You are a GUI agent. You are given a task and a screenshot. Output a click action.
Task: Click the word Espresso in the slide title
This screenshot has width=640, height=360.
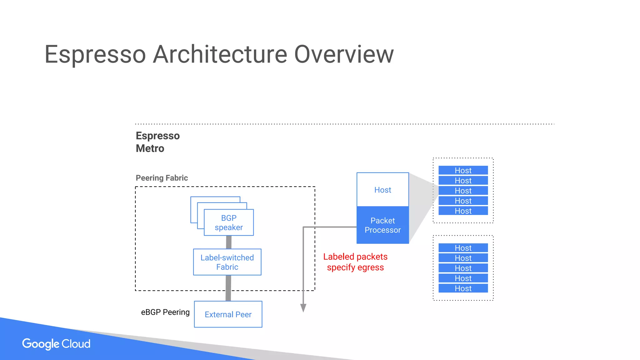point(95,55)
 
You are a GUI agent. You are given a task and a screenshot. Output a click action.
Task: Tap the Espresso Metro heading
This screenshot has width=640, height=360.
point(157,142)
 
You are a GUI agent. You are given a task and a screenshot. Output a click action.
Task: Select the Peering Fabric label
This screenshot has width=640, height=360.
point(162,178)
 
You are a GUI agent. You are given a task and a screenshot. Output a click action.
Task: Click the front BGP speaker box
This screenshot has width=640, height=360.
point(229,222)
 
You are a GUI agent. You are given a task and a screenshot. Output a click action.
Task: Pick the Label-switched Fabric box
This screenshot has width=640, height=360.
point(227,262)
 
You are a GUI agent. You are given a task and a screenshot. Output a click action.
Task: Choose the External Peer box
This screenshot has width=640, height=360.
point(228,314)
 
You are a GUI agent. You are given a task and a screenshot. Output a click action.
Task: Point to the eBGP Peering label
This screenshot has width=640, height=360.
point(165,312)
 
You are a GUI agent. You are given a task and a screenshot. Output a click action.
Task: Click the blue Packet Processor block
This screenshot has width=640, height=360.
point(382,225)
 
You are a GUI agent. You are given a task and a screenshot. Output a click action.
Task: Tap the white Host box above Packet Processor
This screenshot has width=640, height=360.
point(382,190)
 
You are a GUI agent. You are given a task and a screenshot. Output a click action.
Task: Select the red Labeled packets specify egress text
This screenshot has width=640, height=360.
point(355,262)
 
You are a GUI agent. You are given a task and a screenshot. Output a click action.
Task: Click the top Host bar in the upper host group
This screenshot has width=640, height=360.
point(463,170)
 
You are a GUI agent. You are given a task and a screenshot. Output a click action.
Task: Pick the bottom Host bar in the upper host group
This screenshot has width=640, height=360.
point(463,211)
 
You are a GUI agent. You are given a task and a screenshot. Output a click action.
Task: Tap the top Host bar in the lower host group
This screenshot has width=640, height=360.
point(463,248)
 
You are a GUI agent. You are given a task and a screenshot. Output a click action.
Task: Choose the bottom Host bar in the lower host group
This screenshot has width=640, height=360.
point(463,288)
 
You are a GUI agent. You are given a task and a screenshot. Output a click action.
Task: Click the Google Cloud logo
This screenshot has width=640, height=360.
point(56,344)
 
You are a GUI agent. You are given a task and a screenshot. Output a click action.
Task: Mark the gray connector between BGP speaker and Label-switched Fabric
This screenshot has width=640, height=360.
point(229,242)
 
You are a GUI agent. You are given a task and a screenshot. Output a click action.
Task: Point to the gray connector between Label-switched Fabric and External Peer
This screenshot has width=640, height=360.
point(228,288)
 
